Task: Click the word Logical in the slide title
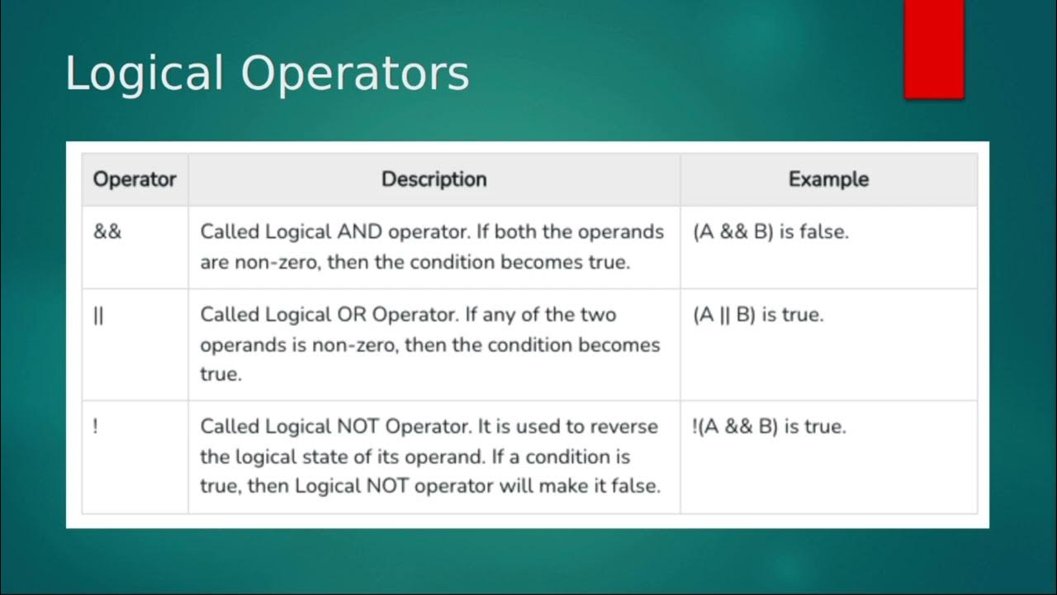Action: point(145,74)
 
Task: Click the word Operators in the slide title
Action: point(355,74)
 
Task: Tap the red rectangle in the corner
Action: point(934,48)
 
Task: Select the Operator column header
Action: point(135,179)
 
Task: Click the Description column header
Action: point(434,179)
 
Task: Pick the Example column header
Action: point(828,179)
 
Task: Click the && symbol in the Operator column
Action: point(107,231)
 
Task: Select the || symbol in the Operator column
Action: point(98,315)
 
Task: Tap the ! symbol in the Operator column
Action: point(96,427)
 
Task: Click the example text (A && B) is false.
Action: point(771,232)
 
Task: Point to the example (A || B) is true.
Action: point(759,315)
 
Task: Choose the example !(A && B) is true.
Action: point(770,427)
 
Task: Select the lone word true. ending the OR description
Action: point(220,374)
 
